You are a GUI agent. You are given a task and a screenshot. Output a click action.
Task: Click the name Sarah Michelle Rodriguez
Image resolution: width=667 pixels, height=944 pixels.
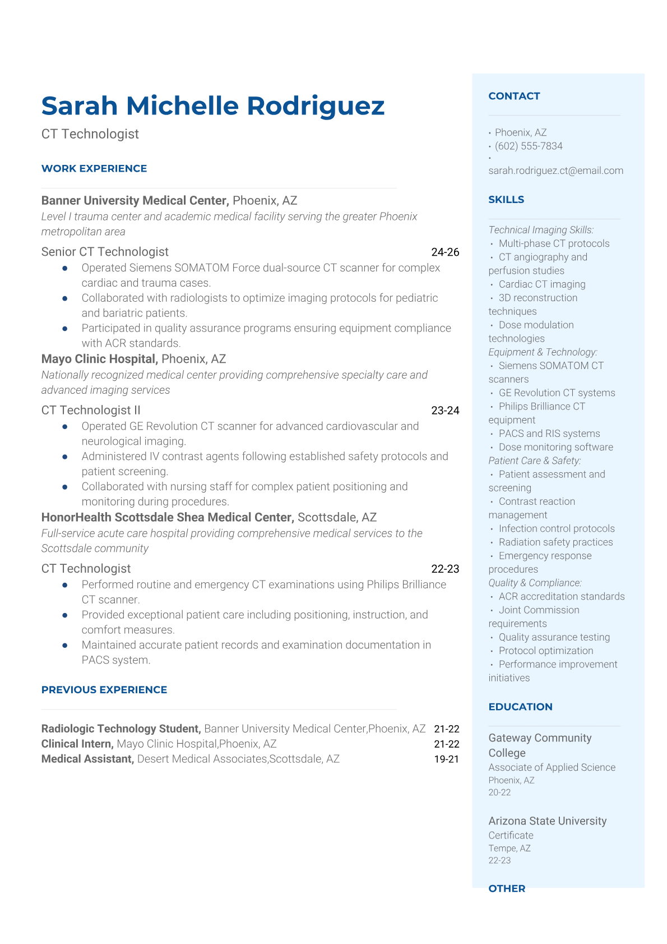click(213, 106)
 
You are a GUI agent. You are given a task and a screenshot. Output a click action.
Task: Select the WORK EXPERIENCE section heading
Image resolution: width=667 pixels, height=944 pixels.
click(94, 169)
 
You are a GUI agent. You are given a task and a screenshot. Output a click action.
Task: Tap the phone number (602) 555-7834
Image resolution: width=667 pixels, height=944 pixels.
click(529, 146)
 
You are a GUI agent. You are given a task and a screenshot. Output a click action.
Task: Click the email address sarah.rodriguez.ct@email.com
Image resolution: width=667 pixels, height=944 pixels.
click(555, 171)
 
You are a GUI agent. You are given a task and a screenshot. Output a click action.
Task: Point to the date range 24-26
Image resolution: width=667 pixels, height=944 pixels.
click(445, 252)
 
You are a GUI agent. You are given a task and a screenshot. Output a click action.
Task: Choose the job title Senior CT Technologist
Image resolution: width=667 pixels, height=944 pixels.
click(105, 252)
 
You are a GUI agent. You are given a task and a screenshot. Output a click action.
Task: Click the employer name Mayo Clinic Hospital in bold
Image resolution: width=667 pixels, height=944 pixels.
click(99, 359)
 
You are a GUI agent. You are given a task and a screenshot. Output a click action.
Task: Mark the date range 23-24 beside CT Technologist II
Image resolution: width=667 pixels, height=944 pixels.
click(445, 411)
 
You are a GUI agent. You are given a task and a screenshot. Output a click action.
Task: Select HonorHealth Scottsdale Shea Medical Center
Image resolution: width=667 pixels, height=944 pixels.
click(167, 517)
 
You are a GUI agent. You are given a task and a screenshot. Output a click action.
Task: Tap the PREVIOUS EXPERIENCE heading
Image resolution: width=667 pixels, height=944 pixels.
click(104, 690)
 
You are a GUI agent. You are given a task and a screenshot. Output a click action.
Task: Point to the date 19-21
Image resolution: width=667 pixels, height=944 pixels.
click(446, 759)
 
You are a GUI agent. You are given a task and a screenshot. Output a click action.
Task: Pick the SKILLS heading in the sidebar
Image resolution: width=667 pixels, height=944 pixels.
click(506, 200)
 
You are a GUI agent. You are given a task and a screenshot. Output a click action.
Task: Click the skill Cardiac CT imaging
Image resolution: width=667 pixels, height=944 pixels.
click(542, 284)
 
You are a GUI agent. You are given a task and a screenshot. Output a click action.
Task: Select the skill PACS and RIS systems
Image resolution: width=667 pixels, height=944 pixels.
click(549, 434)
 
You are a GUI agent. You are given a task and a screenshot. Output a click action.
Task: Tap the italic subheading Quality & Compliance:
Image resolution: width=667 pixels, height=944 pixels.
click(535, 583)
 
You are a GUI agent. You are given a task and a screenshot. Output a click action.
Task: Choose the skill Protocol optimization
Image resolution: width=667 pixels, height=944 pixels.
click(546, 651)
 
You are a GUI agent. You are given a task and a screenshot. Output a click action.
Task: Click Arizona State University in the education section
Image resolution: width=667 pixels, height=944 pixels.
click(547, 821)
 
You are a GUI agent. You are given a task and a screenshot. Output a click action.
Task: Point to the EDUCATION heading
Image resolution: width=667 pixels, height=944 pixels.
click(520, 707)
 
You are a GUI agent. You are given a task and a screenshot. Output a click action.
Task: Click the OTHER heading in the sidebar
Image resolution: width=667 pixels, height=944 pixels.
click(507, 888)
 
